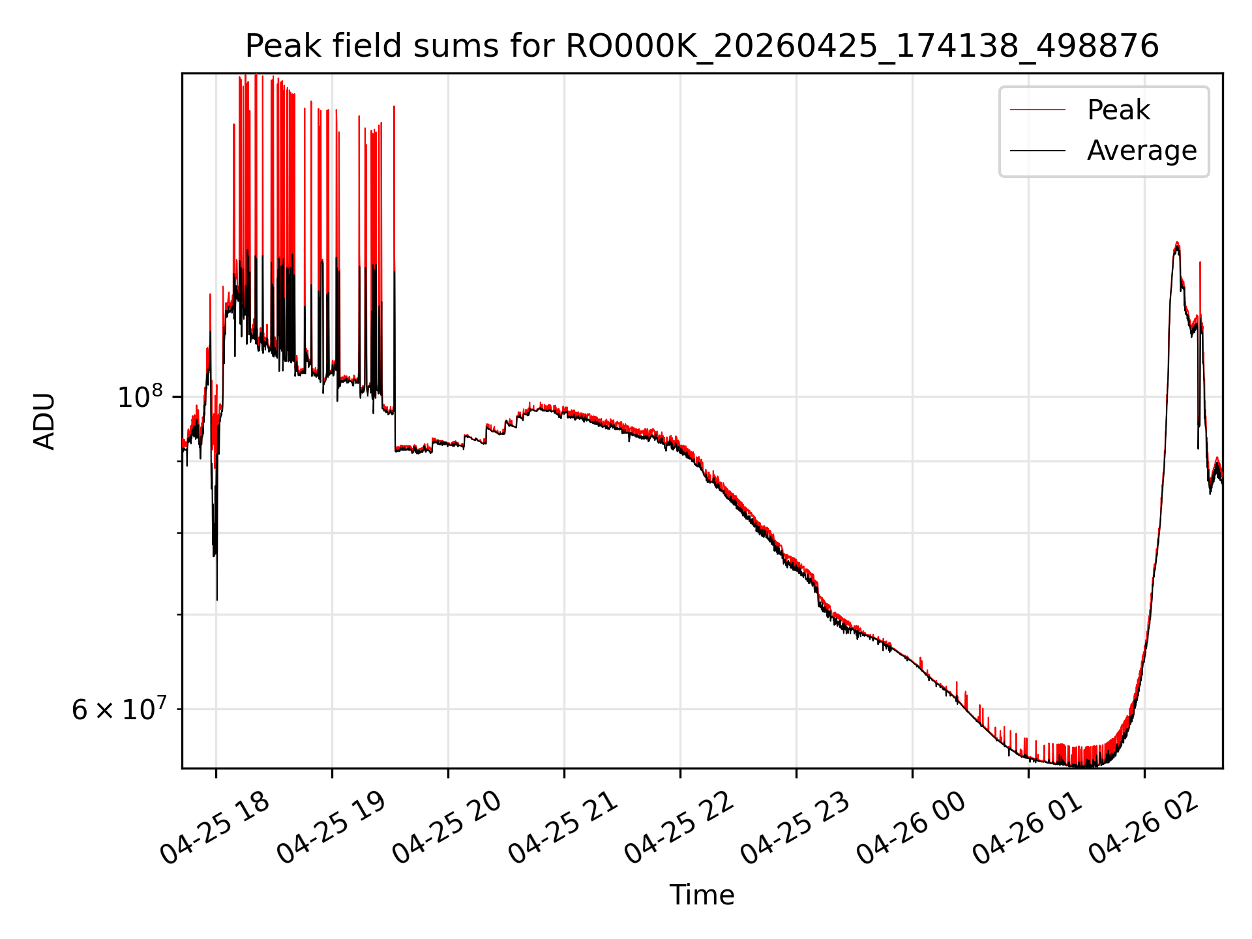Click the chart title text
tap(702, 46)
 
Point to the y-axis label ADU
tap(44, 421)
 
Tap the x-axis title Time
tap(702, 895)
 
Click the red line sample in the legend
tap(1037, 110)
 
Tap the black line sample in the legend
tap(1037, 151)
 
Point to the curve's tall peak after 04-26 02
tap(1177, 243)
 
